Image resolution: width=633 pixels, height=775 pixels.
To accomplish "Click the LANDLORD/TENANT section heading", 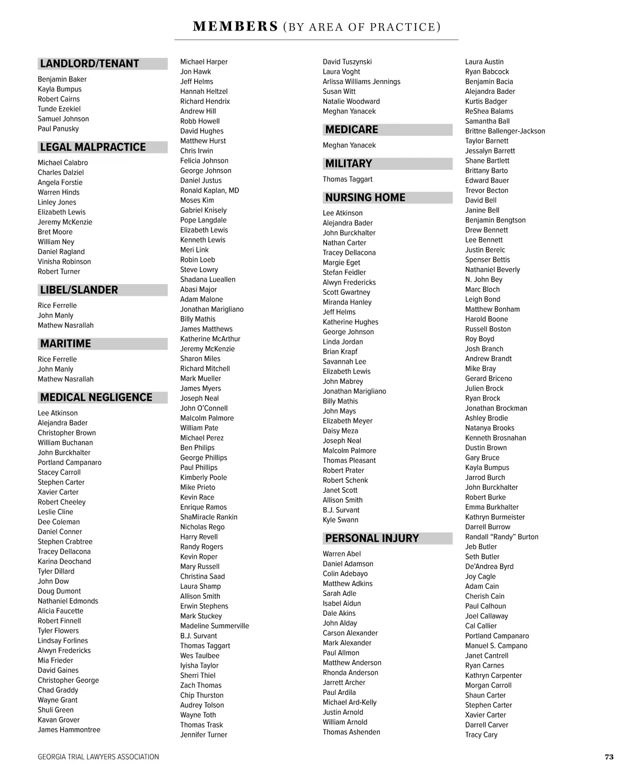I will coord(89,64).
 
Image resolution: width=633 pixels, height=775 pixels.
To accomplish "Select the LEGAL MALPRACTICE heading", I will coord(93,147).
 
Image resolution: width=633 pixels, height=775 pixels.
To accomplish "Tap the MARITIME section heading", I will coord(65,344).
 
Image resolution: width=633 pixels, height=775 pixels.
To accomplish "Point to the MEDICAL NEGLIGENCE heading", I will coord(96,398).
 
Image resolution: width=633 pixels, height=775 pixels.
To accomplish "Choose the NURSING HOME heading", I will coord(365,198).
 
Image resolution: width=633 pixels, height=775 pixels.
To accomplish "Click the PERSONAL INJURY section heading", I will coord(372,538).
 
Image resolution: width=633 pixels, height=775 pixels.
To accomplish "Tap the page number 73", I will coord(609,757).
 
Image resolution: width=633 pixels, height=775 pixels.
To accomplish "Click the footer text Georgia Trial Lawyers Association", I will coord(98,757).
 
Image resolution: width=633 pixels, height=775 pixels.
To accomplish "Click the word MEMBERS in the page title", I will coord(235,26).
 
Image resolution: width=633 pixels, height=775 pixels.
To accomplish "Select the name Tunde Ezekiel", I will coord(59,109).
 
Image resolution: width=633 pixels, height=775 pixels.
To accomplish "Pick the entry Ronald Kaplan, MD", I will coord(209,190).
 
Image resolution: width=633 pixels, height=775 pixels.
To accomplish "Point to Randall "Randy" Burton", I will coord(502,537).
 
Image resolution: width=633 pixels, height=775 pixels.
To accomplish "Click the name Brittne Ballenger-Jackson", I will coord(505,131).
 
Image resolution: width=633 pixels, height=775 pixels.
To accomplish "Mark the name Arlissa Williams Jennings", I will coord(361,82).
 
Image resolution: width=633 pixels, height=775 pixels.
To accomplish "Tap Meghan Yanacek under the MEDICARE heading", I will coord(349,146).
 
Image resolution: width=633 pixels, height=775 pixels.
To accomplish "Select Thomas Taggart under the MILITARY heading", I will coord(348,179).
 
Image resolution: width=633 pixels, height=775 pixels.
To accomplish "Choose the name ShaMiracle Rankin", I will coord(209,517).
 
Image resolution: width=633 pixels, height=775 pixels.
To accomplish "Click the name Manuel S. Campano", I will coord(496,646).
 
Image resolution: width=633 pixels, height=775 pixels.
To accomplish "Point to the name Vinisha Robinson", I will coord(64,261).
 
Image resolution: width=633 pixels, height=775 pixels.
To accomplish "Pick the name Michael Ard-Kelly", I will coord(350,702).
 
